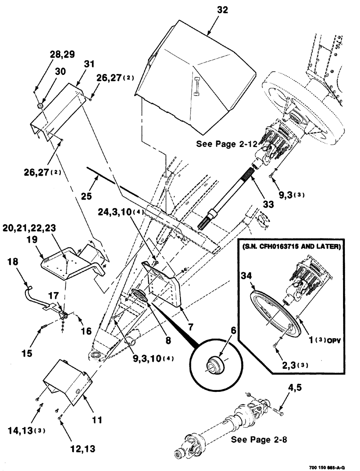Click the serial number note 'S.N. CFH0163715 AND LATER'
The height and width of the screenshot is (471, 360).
(x=292, y=246)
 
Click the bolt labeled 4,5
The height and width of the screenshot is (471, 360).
(x=278, y=412)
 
